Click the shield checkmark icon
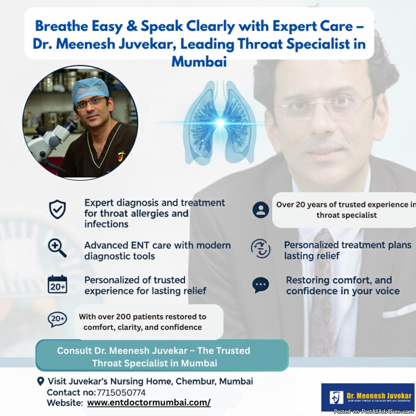click(57, 209)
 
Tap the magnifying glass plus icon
click(57, 248)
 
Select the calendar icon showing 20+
click(57, 284)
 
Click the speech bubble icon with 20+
click(57, 319)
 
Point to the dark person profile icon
click(261, 210)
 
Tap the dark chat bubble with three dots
click(261, 285)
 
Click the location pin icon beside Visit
click(40, 381)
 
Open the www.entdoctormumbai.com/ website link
click(149, 403)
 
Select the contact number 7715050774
click(121, 392)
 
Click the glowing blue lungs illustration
click(220, 122)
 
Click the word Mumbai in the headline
click(199, 61)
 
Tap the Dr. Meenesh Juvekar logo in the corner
click(368, 397)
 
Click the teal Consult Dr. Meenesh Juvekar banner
click(162, 355)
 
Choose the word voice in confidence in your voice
click(386, 291)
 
